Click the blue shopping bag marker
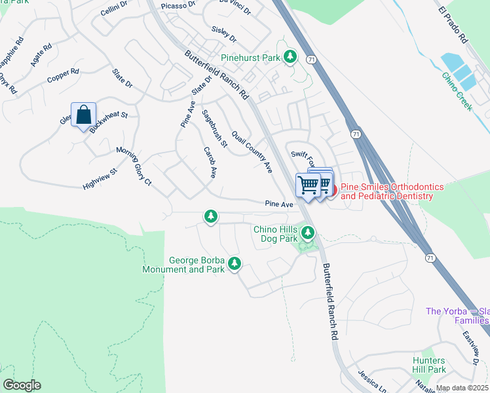pyautogui.click(x=84, y=115)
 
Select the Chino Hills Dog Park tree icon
pyautogui.click(x=307, y=232)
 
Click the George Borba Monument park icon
pyautogui.click(x=234, y=265)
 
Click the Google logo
pyautogui.click(x=22, y=385)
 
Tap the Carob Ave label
pyautogui.click(x=210, y=163)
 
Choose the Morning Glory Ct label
pyautogui.click(x=134, y=166)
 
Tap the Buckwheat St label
pyautogui.click(x=109, y=122)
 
